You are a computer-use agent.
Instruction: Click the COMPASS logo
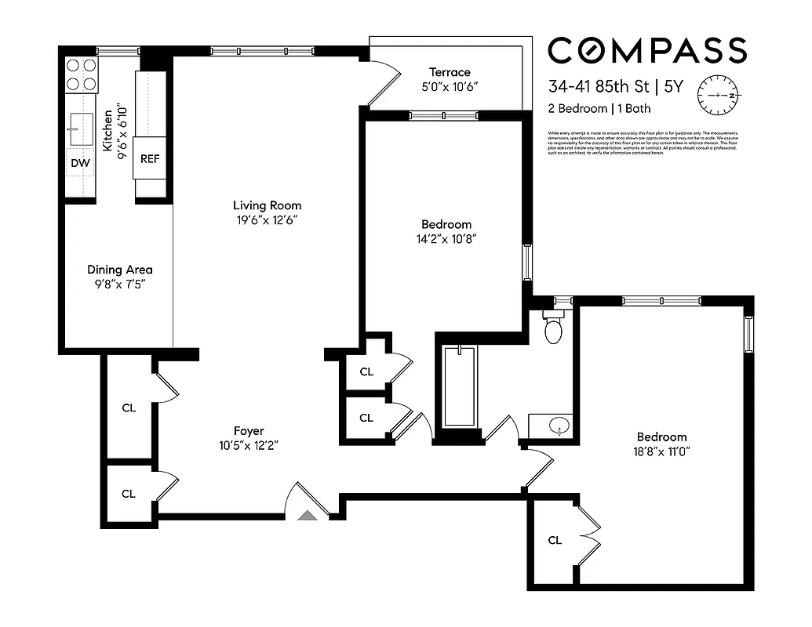point(646,51)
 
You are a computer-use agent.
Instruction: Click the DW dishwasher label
point(80,163)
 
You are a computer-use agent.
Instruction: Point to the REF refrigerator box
point(149,158)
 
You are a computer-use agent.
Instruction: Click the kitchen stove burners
point(81,74)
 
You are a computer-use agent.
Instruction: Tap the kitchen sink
point(81,129)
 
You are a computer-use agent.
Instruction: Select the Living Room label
point(268,205)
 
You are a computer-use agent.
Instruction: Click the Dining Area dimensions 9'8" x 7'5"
point(119,284)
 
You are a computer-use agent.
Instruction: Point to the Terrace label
point(450,72)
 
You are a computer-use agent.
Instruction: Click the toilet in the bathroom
point(554,329)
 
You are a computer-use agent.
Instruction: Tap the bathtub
point(460,386)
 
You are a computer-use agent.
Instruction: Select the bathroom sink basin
point(558,427)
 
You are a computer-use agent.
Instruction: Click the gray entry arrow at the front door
point(309,514)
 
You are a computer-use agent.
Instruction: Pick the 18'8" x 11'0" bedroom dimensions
point(661,451)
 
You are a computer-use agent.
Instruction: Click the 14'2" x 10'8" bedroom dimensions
point(446,238)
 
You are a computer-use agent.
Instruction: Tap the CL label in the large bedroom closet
point(555,540)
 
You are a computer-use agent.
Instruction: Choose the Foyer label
point(249,430)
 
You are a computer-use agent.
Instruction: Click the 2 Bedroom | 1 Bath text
point(599,109)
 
